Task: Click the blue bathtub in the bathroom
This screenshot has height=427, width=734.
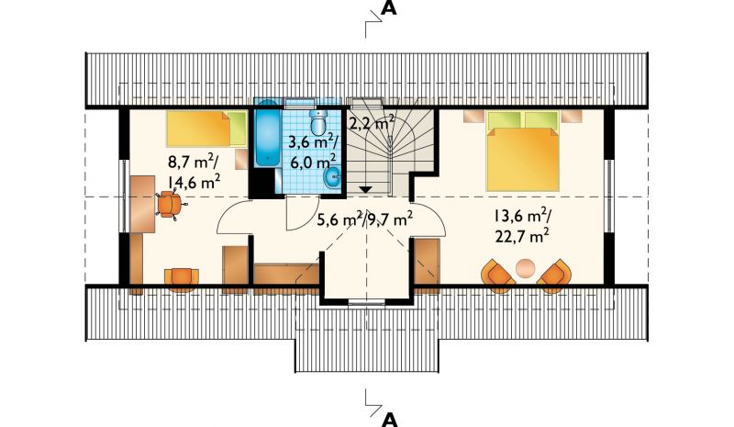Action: click(268, 132)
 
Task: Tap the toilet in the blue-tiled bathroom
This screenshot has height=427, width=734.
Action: click(318, 122)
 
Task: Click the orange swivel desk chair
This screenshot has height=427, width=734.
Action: click(169, 205)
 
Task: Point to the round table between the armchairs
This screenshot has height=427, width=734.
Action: click(525, 268)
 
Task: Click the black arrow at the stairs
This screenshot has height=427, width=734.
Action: click(365, 190)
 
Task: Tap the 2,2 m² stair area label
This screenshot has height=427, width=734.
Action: click(372, 124)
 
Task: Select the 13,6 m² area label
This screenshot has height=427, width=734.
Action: click(522, 216)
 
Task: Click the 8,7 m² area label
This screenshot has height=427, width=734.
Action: click(192, 163)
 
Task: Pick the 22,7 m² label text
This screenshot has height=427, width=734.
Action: click(521, 236)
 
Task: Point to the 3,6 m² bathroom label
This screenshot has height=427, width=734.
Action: click(313, 141)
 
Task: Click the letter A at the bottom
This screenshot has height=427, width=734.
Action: click(389, 420)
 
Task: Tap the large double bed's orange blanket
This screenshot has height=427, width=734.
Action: click(523, 161)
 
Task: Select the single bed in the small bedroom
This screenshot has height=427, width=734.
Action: click(207, 129)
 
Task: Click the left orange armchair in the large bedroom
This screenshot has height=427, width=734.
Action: click(498, 275)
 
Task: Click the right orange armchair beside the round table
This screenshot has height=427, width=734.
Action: click(554, 275)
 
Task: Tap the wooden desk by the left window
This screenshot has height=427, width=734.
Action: click(142, 204)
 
